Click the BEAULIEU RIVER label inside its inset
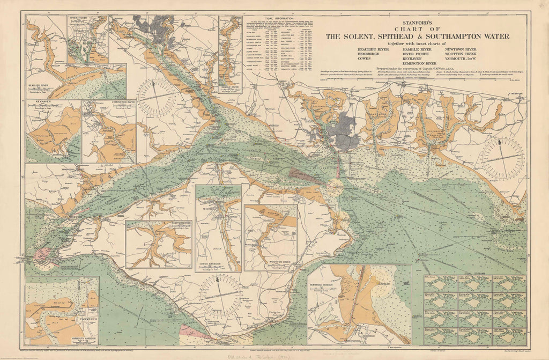pos(39,85)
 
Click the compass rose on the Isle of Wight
pos(220,296)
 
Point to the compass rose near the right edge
pos(502,158)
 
